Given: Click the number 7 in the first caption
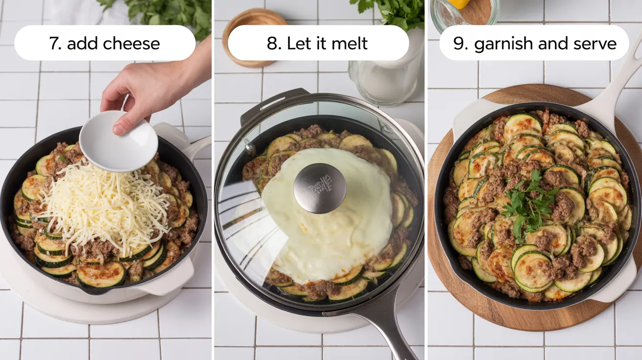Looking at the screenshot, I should click(x=54, y=43).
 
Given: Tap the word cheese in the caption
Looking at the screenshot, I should click(x=134, y=43).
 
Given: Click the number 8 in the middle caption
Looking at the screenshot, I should click(x=272, y=43).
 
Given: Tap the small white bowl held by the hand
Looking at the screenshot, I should click(x=119, y=142).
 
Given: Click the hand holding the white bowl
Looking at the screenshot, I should click(x=147, y=88).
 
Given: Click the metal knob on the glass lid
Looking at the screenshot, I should click(x=320, y=188).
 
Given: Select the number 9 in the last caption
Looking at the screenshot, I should click(x=460, y=43).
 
